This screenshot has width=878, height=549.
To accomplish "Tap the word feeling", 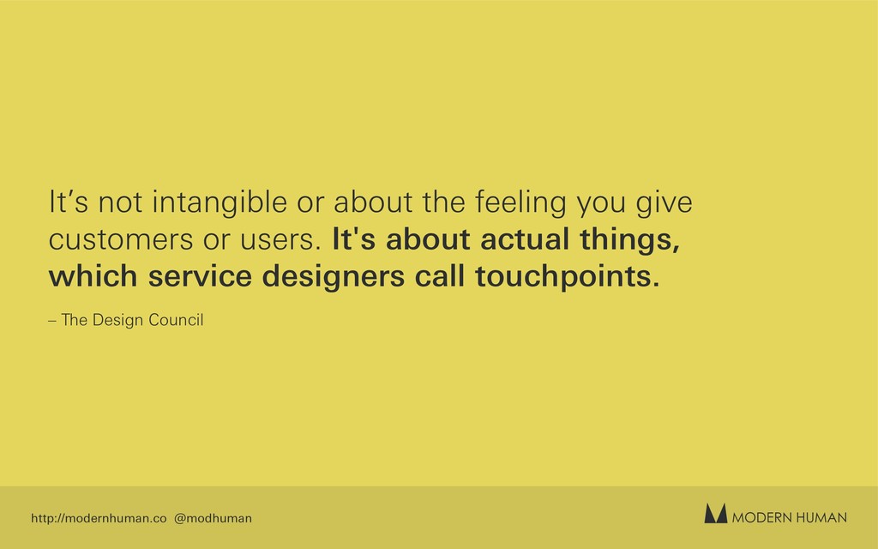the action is [521, 203].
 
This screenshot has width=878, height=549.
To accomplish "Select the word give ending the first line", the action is [665, 203].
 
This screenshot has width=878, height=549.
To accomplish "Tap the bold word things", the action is [630, 240].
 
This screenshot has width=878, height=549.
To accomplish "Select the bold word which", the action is [93, 276].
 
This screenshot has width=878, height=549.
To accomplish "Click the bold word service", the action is [200, 277].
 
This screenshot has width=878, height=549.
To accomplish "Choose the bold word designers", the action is [334, 277].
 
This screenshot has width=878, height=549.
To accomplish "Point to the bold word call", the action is [440, 276].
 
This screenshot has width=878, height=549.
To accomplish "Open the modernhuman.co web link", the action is [99, 518].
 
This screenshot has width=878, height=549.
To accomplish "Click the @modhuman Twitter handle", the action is [213, 518].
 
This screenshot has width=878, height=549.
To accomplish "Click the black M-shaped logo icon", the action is [716, 513].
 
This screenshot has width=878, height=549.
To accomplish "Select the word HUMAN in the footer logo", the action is [821, 517].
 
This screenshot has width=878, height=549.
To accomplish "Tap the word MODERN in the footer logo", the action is [761, 517].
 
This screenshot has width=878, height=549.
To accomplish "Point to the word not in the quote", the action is [120, 203].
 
